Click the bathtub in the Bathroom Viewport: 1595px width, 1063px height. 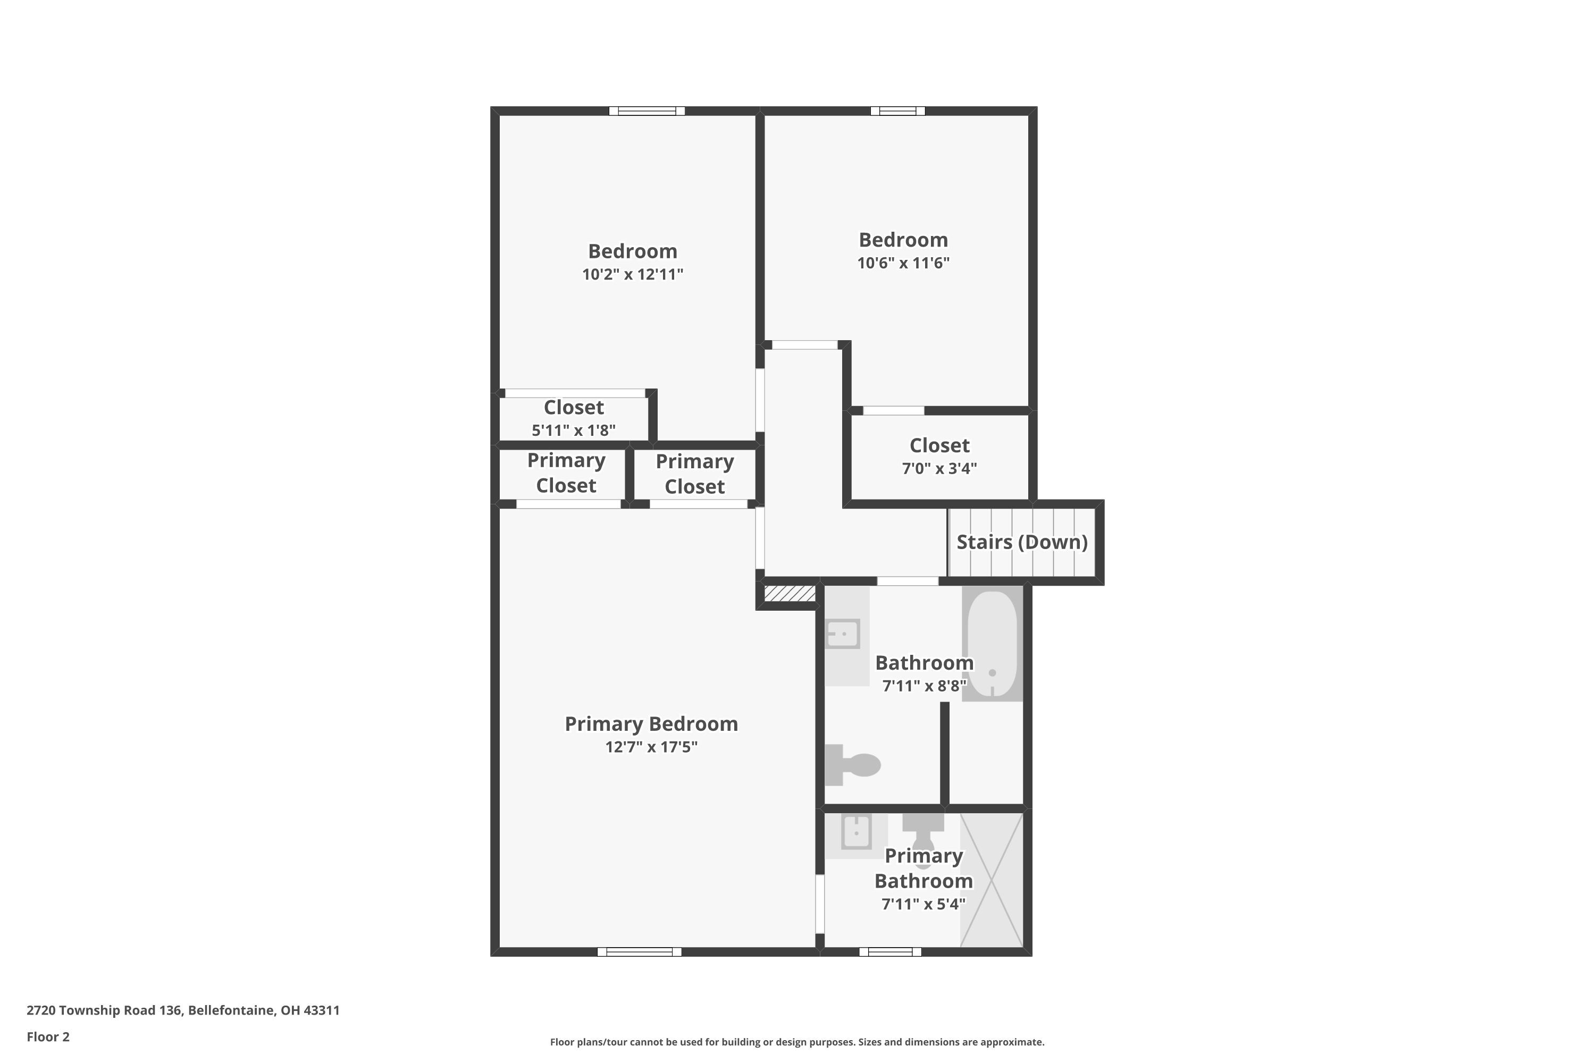[x=992, y=645]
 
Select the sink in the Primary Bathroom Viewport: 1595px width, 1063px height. [x=856, y=832]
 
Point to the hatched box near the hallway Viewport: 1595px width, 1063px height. [x=790, y=594]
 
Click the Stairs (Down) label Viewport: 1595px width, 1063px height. [x=1021, y=542]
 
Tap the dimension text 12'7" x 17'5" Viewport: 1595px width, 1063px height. [x=651, y=746]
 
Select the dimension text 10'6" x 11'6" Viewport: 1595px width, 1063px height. [x=903, y=263]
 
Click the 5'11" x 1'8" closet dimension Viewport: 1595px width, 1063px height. [x=573, y=430]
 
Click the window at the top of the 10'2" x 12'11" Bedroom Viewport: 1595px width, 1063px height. [x=647, y=111]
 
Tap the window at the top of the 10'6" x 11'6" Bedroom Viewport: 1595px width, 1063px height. [x=897, y=111]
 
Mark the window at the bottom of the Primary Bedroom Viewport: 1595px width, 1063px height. [x=639, y=952]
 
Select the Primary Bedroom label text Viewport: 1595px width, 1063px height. [x=651, y=723]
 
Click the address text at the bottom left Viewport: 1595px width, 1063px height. [x=183, y=1010]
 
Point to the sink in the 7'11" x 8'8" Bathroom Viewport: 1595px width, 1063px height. [x=843, y=635]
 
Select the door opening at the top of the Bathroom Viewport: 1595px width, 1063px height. [x=908, y=581]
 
